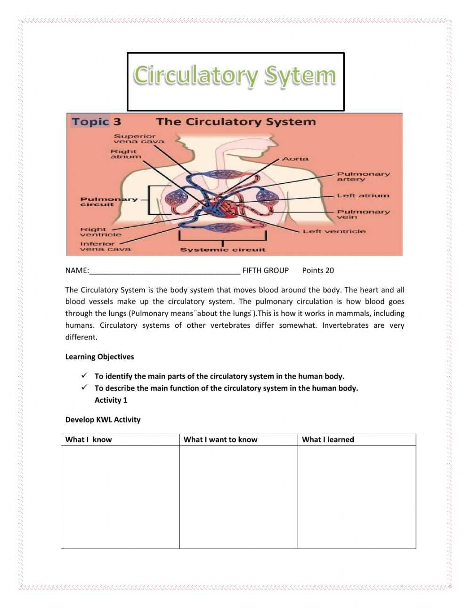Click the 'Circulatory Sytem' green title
pos(235,76)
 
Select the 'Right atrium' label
pos(125,154)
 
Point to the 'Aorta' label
pos(295,159)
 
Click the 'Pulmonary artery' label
pos(363,177)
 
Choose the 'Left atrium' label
pos(363,195)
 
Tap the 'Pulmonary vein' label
pos(363,214)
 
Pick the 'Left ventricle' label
pos(334,231)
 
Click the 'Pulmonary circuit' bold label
pos(109,202)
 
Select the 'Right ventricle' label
pos(100,232)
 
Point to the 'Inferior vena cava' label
pos(105,246)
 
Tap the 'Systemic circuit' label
pos(223,250)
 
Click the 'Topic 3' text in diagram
pos(96,122)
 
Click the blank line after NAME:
pos(165,271)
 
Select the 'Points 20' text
pos(318,270)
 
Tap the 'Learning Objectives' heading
pos(99,357)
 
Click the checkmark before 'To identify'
pos(84,376)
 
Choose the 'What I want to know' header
pos(220,440)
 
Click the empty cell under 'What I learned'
pos(357,497)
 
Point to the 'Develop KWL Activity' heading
pos(103,420)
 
